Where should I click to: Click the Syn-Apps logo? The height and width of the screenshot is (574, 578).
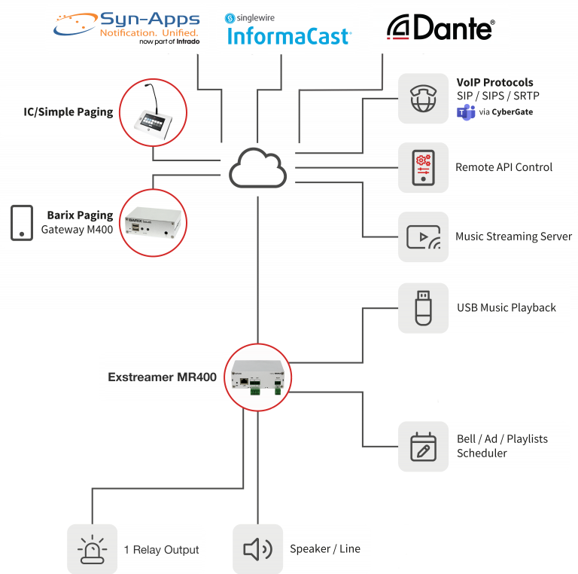[126, 28]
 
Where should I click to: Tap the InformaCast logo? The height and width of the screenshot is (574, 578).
[287, 29]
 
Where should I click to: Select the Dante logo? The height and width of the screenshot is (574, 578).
[440, 28]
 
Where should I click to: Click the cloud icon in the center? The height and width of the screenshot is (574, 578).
[258, 168]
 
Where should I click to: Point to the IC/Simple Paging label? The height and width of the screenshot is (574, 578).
[68, 112]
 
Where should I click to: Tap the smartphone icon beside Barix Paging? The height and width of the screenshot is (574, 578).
[20, 222]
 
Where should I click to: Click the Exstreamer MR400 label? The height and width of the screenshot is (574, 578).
[162, 377]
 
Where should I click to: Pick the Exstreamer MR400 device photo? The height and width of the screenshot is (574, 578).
[258, 377]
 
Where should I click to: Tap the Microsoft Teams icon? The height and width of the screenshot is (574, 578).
[466, 113]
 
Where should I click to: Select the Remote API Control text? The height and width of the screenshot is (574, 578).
[503, 167]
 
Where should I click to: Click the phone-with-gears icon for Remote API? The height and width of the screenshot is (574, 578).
[423, 168]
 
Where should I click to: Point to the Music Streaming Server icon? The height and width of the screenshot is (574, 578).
[423, 237]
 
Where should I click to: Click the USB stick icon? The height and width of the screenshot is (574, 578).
[423, 307]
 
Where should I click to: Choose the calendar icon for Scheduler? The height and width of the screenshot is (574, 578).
[423, 446]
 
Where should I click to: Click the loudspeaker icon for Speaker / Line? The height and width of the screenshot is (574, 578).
[257, 549]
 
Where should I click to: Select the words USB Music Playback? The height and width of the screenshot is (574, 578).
[506, 307]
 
